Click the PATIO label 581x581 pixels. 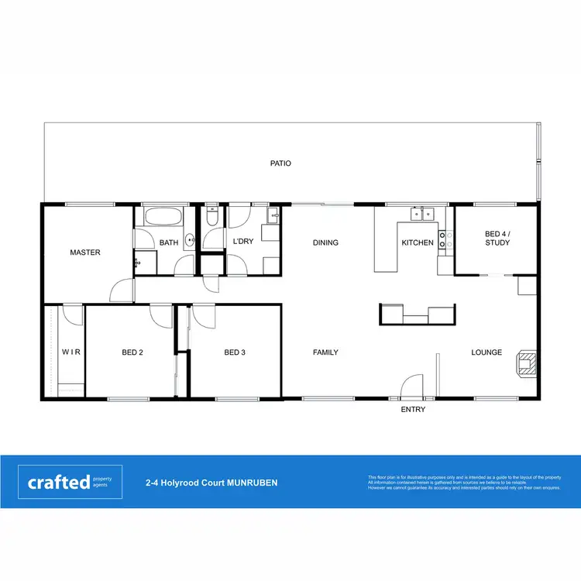(280, 163)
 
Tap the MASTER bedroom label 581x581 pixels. (85, 253)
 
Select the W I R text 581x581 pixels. (71, 352)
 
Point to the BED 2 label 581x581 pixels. (132, 352)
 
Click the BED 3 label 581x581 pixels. (235, 352)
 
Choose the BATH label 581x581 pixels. (169, 242)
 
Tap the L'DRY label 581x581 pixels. (243, 242)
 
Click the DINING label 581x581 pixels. (325, 242)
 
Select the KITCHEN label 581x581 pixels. (418, 242)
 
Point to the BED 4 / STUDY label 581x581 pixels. (497, 238)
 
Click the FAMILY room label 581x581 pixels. (325, 352)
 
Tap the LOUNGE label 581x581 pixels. (486, 352)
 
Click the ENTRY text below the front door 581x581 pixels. (413, 410)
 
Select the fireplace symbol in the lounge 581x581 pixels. (526, 363)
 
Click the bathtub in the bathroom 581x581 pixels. (163, 217)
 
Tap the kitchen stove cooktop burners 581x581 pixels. (445, 240)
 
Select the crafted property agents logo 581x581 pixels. (70, 482)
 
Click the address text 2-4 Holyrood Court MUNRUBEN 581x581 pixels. (211, 483)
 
